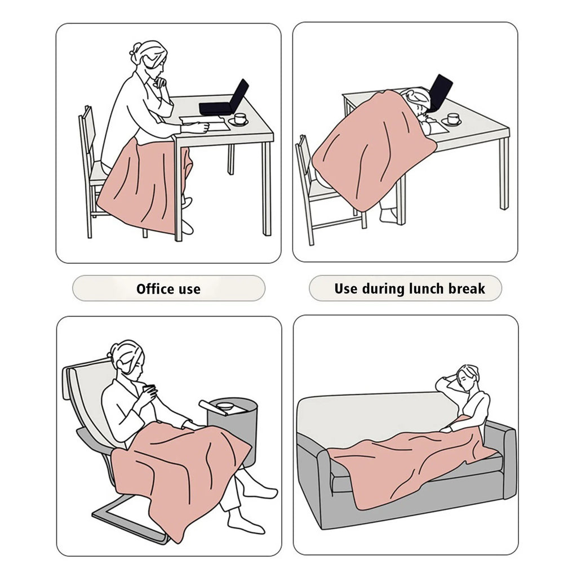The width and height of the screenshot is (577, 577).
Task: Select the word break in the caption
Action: click(x=467, y=288)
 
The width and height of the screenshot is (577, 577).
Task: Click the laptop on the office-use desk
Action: click(x=224, y=97)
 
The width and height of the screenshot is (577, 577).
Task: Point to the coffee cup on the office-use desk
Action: click(x=239, y=119)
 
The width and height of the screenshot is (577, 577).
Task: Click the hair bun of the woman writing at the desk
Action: click(x=135, y=49)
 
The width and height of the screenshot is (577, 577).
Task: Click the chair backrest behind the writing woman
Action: click(x=87, y=132)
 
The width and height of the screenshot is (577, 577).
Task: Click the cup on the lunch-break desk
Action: click(x=453, y=119)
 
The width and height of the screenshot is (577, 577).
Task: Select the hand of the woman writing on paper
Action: click(x=202, y=127)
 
